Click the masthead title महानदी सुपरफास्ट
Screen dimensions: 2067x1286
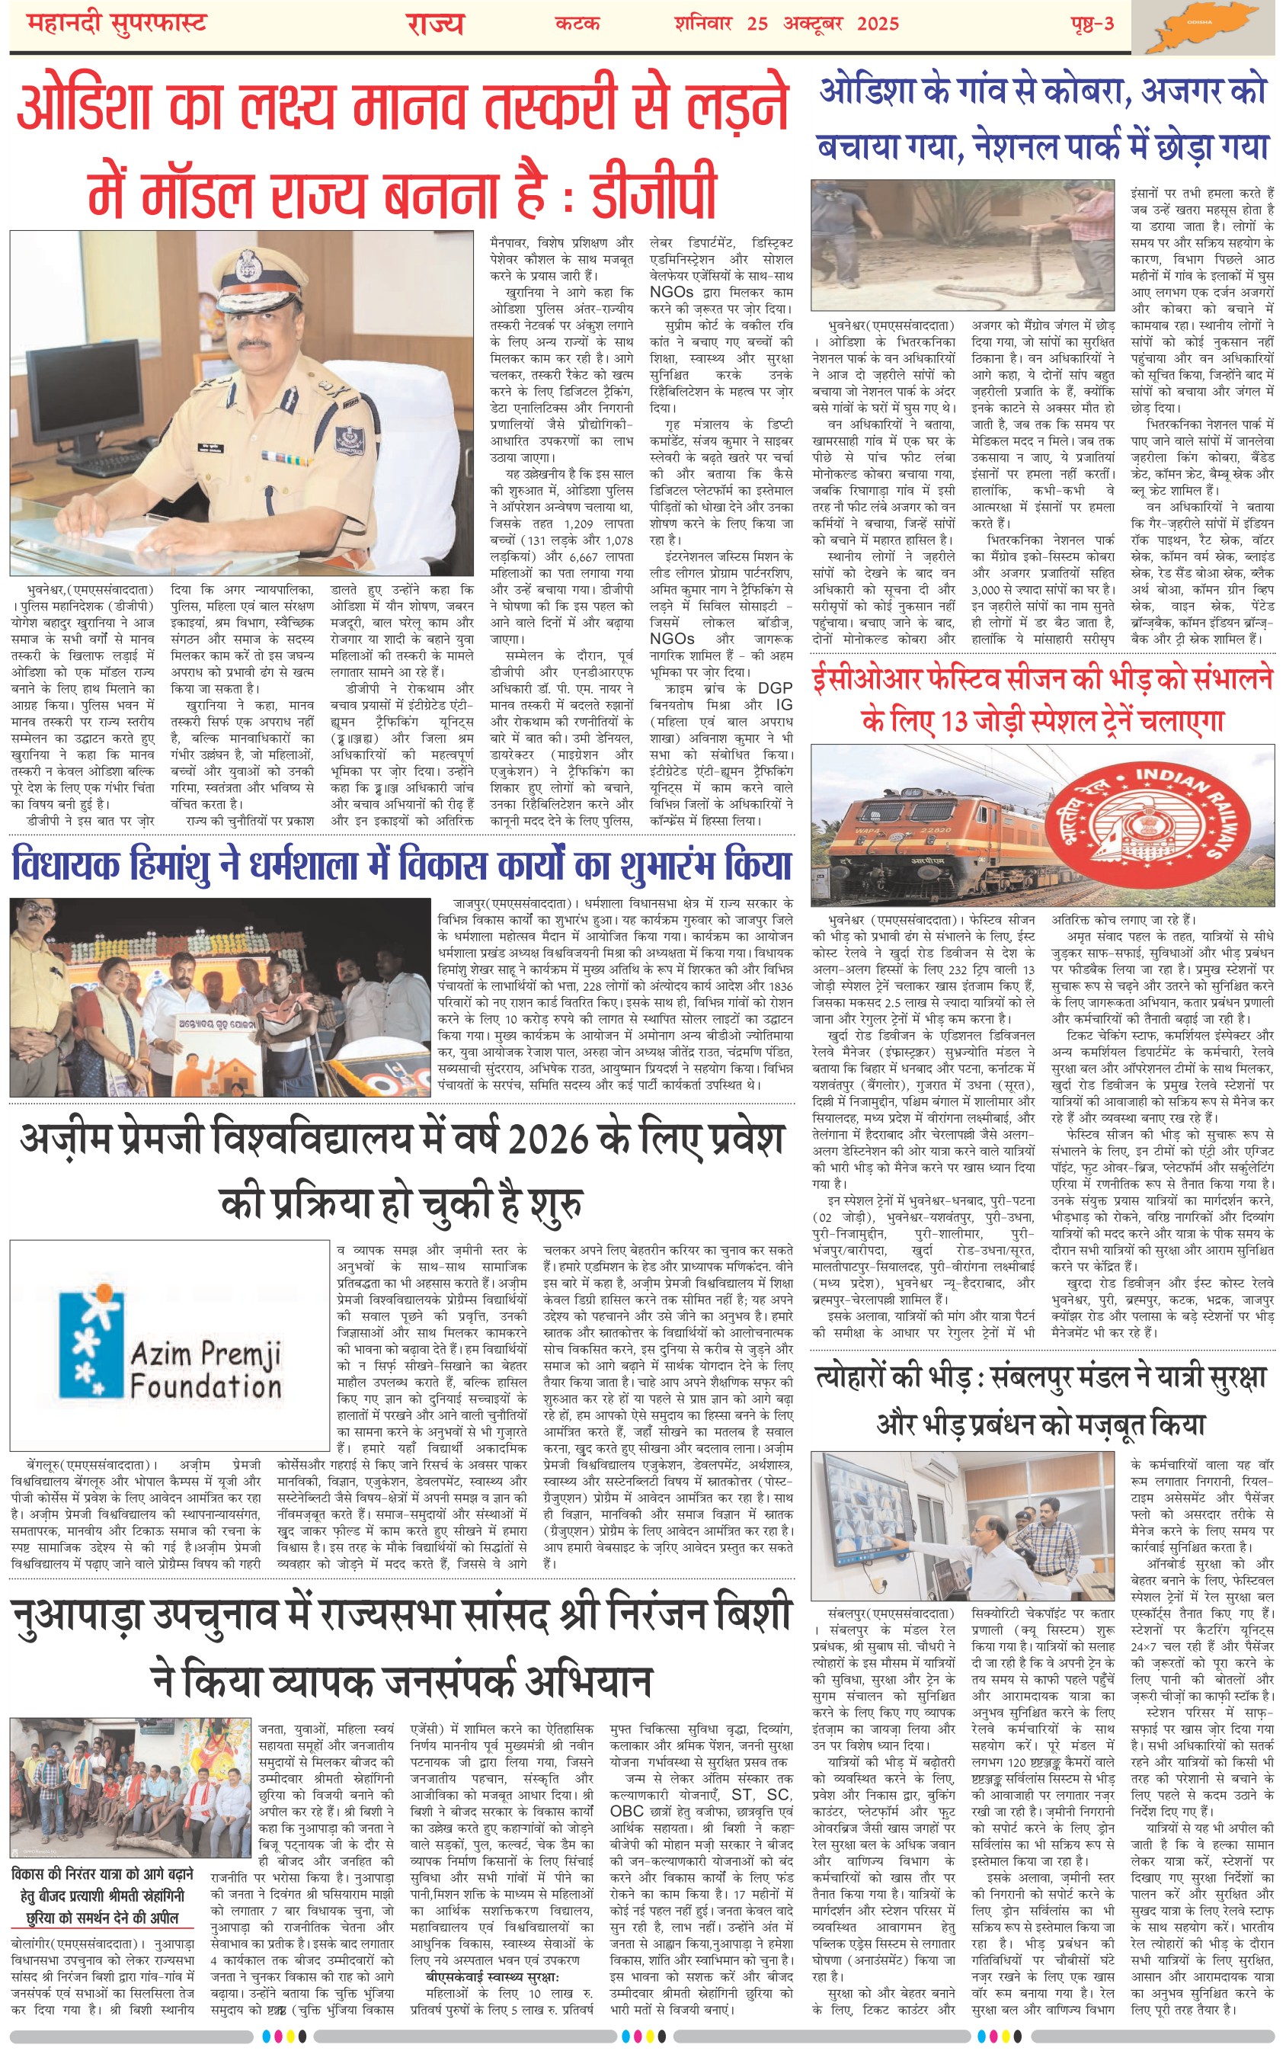click(x=117, y=24)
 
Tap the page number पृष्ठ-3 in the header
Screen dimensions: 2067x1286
click(x=1092, y=24)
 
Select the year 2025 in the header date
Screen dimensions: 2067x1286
click(x=878, y=24)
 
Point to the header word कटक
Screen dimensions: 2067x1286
click(x=577, y=24)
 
